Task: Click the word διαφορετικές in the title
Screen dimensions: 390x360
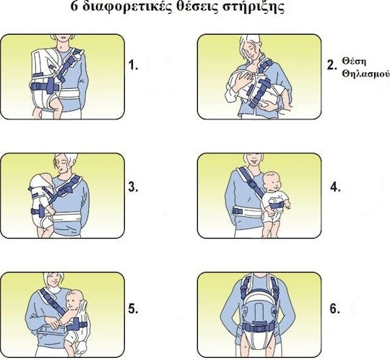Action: [x=128, y=7]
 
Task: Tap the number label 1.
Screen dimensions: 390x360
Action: [x=133, y=65]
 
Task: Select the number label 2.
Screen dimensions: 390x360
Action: [x=332, y=65]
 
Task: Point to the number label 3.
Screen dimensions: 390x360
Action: [x=133, y=187]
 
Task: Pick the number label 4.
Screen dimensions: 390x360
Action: [x=335, y=187]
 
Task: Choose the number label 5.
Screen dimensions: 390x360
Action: [x=133, y=309]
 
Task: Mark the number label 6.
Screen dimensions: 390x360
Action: [x=335, y=309]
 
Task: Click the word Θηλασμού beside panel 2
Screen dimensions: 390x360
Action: [x=365, y=74]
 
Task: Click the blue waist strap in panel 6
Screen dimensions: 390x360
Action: [x=259, y=325]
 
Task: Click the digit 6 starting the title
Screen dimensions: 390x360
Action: [x=74, y=7]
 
